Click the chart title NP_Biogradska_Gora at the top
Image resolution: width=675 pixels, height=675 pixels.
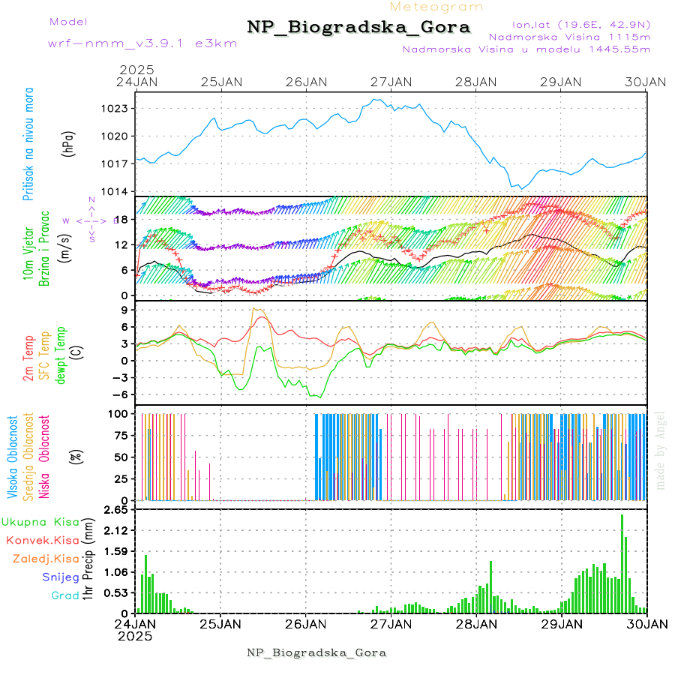coord(358,27)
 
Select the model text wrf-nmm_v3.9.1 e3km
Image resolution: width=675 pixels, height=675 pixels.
coord(121,43)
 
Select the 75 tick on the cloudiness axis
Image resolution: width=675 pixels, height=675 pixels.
coord(118,436)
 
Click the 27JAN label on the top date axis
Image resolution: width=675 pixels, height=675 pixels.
coord(391,82)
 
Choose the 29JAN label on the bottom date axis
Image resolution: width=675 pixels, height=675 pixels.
coord(562,624)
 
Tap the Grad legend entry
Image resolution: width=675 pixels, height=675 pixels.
coord(65,595)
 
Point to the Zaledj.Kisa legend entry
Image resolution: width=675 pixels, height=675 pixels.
coord(46,559)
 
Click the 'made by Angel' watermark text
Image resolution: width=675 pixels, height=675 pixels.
coord(661,450)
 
